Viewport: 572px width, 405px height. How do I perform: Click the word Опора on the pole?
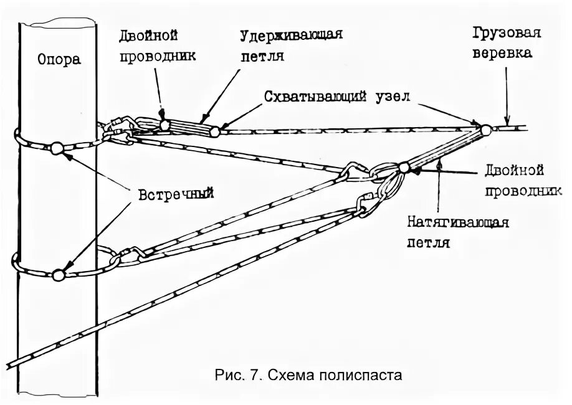pos(59,59)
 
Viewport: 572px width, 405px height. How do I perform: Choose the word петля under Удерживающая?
pos(262,56)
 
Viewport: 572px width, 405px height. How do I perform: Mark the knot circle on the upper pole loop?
pos(57,148)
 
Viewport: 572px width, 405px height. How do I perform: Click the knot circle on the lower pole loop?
pos(59,274)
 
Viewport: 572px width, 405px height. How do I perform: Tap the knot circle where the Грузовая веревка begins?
pos(485,130)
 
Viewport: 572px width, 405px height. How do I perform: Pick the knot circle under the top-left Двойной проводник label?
pos(164,125)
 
